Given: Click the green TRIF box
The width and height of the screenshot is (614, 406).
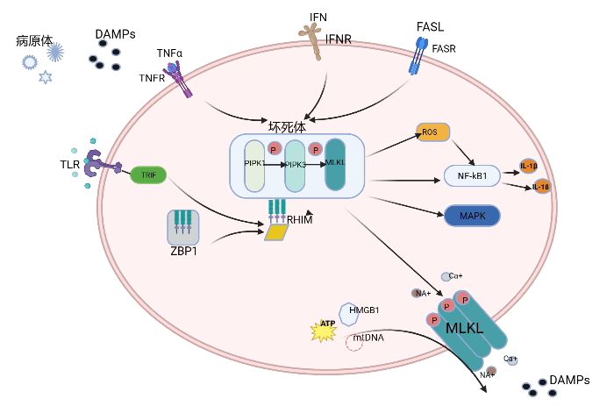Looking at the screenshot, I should (148, 175).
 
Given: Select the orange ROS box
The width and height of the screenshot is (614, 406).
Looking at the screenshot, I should (432, 132).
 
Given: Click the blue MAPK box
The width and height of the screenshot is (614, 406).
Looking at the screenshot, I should (473, 215).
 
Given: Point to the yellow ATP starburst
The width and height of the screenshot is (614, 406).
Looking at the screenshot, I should (325, 329).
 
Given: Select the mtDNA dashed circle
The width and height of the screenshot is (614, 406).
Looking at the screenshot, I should (354, 342).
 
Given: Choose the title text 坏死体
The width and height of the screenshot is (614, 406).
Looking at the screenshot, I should (287, 125).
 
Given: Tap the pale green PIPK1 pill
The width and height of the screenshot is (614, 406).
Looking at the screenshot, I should (254, 165).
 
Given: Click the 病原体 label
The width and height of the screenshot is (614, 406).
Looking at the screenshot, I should (34, 41).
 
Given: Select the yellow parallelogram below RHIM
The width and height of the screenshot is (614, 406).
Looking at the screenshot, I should (277, 232).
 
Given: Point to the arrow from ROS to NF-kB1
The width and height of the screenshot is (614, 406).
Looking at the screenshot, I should (463, 151).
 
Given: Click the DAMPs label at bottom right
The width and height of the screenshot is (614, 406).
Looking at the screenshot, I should (568, 380).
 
